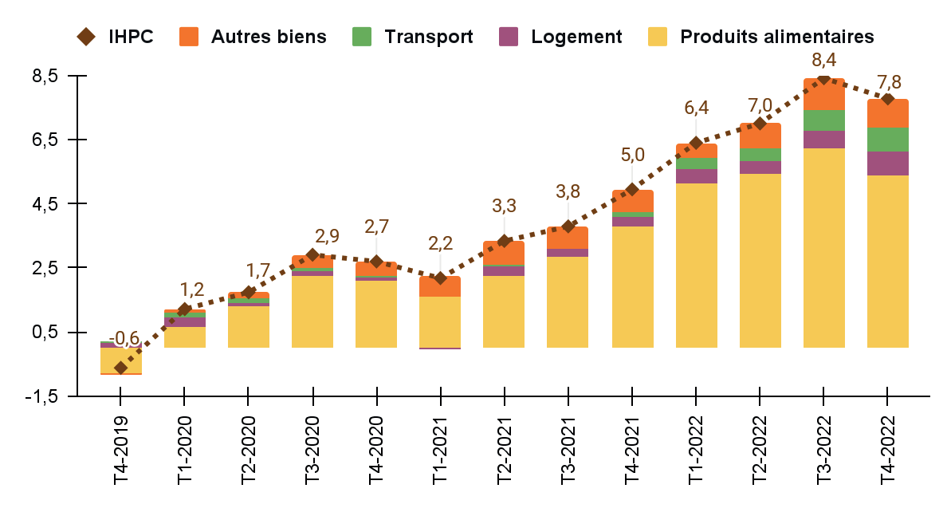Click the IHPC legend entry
(116, 37)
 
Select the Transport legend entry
(412, 37)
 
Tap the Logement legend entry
(560, 37)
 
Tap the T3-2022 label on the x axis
(823, 450)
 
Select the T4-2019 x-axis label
(121, 450)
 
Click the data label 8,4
(824, 61)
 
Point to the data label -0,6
(123, 338)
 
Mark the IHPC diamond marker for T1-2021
(440, 278)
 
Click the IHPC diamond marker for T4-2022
(887, 99)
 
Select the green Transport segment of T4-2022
(887, 139)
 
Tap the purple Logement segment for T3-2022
(823, 140)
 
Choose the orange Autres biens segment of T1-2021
(440, 287)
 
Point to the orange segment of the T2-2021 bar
(504, 253)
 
